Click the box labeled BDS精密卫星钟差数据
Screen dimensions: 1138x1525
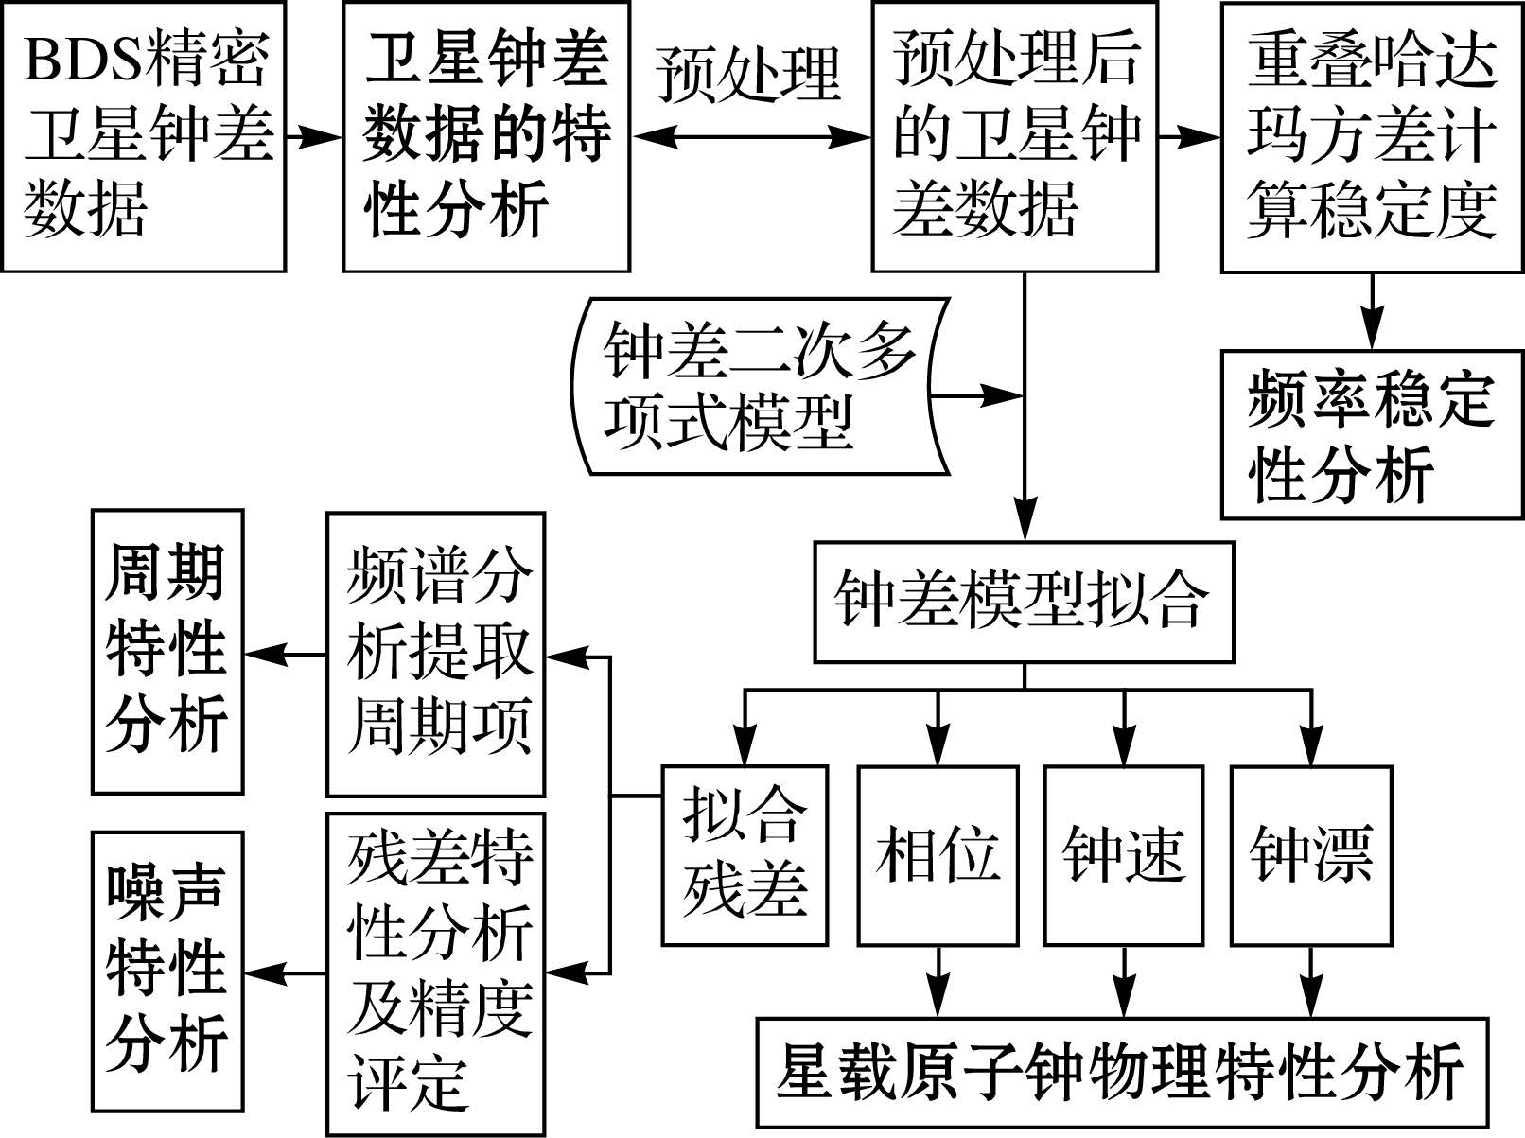(x=144, y=137)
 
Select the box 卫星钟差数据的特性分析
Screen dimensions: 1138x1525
(x=486, y=137)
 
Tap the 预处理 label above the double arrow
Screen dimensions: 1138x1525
(x=747, y=74)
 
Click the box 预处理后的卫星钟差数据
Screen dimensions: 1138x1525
(x=1014, y=137)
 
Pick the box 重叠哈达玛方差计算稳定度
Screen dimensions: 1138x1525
(x=1372, y=137)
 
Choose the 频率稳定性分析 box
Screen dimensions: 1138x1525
(x=1372, y=435)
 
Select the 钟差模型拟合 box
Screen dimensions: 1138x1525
(x=1024, y=602)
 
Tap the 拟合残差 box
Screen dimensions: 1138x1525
(x=745, y=855)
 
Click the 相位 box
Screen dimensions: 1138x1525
(x=938, y=855)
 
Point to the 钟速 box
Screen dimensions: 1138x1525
(x=1123, y=855)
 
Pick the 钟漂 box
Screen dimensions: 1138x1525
(x=1310, y=855)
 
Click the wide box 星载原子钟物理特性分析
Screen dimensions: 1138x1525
(x=1122, y=1073)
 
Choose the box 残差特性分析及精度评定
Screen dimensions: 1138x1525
(x=436, y=973)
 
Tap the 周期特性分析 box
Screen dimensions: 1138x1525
(x=167, y=652)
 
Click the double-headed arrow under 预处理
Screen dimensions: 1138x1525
(x=750, y=137)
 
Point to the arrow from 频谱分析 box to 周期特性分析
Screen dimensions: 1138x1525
(x=285, y=654)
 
